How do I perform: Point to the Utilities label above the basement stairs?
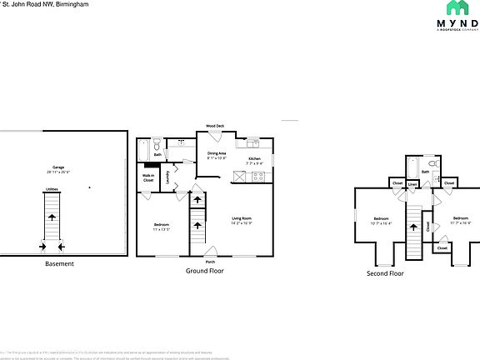tap(51, 190)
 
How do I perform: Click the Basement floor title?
tap(59, 264)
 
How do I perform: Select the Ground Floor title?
tap(204, 271)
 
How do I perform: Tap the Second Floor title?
tap(385, 272)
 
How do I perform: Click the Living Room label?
tap(242, 219)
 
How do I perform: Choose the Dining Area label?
tap(217, 154)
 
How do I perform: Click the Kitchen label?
tap(255, 159)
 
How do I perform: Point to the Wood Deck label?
tap(215, 127)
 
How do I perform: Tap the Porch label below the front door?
tap(209, 262)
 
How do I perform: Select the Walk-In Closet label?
tap(148, 177)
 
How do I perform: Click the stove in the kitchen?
tap(239, 176)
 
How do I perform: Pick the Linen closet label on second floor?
tap(412, 183)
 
